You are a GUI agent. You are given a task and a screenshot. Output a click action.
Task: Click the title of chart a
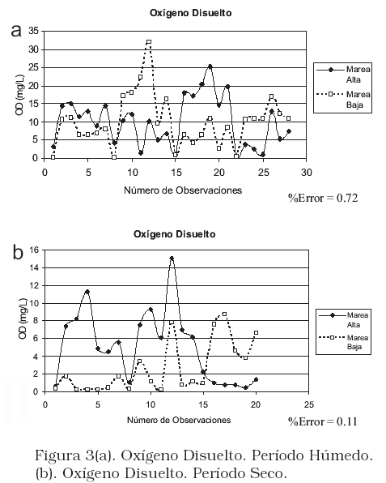(x=191, y=13)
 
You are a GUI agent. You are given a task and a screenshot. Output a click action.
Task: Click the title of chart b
(x=175, y=234)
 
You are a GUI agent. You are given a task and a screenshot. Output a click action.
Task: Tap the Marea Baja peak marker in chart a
(x=149, y=42)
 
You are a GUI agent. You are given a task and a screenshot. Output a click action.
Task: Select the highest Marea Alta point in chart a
(x=210, y=66)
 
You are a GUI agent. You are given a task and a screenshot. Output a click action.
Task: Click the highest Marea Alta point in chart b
(x=172, y=259)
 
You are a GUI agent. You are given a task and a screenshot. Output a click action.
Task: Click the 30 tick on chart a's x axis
(x=306, y=173)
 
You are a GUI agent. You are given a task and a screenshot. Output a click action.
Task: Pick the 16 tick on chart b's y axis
(x=35, y=250)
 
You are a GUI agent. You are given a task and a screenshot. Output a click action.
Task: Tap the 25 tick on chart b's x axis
(x=309, y=404)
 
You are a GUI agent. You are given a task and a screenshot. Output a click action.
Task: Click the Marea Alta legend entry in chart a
(x=343, y=75)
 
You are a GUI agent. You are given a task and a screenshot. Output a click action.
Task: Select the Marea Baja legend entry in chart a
(x=343, y=99)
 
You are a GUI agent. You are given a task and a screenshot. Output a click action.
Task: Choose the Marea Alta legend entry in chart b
(x=344, y=320)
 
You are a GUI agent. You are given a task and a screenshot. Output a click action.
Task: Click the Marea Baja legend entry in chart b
(x=344, y=342)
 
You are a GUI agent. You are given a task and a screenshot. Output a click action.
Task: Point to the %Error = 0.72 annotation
(x=323, y=198)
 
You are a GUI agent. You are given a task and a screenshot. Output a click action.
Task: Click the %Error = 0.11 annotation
(x=323, y=421)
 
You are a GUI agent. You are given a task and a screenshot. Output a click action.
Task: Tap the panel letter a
(x=16, y=31)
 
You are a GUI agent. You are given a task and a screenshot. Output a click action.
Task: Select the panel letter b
(x=18, y=252)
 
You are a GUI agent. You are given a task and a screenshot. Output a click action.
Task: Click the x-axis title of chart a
(x=183, y=190)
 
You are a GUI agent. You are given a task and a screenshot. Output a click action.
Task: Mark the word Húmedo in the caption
(x=341, y=455)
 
